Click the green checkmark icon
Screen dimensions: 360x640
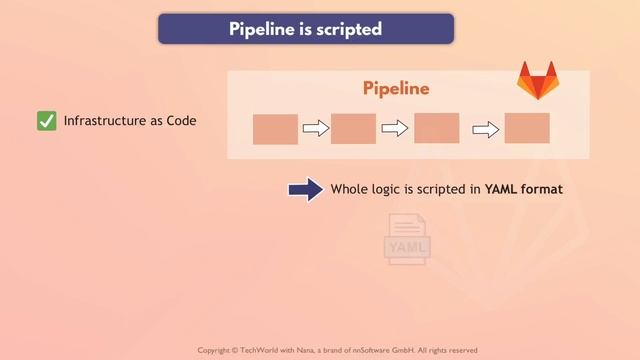pyautogui.click(x=46, y=121)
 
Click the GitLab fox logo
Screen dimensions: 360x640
pyautogui.click(x=537, y=81)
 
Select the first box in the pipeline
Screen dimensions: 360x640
pyautogui.click(x=275, y=129)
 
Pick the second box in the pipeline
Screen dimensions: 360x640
pyautogui.click(x=353, y=129)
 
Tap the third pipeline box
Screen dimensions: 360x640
pyautogui.click(x=436, y=128)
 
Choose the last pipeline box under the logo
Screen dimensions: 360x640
pyautogui.click(x=527, y=128)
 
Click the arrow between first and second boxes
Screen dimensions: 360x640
pyautogui.click(x=315, y=128)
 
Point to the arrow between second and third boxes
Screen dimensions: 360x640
pyautogui.click(x=395, y=128)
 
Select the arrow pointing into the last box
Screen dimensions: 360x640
pyautogui.click(x=485, y=128)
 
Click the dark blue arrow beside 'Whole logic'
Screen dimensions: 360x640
pyautogui.click(x=305, y=189)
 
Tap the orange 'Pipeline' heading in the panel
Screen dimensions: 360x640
pyautogui.click(x=396, y=88)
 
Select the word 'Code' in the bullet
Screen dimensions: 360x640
pyautogui.click(x=181, y=121)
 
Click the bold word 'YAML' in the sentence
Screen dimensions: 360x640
pyautogui.click(x=503, y=189)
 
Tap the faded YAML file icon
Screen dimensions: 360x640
pyautogui.click(x=407, y=240)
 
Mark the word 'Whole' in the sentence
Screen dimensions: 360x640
pyautogui.click(x=351, y=189)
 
